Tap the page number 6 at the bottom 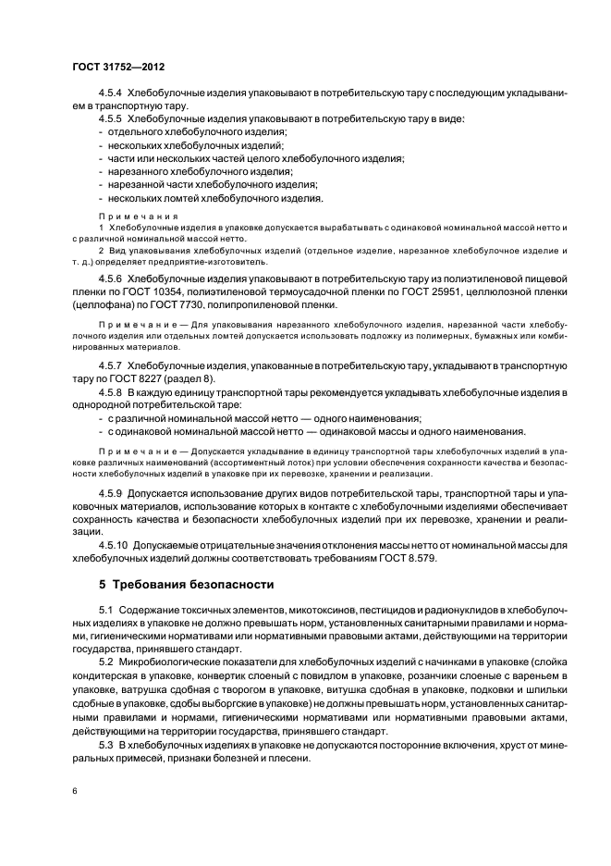click(72, 790)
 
